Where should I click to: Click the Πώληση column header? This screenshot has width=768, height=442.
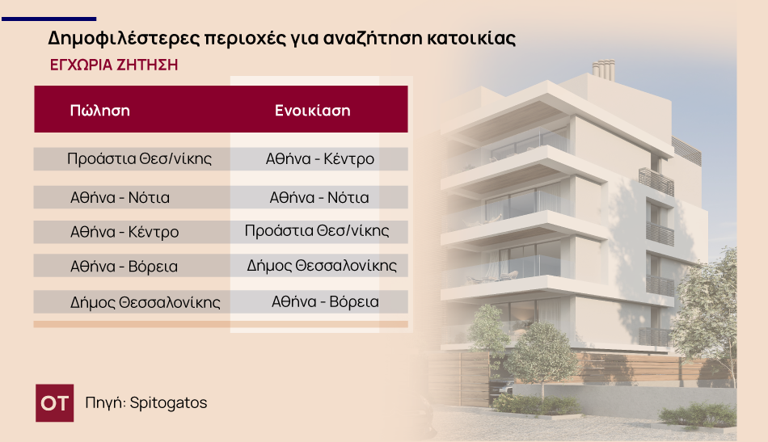tap(100, 111)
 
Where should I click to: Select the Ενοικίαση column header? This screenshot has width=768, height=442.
tap(312, 111)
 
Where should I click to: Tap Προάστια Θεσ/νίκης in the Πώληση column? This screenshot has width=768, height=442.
tap(139, 158)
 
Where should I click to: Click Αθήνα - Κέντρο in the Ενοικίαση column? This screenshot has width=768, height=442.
tap(320, 158)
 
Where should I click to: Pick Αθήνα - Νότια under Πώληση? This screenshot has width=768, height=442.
tap(120, 197)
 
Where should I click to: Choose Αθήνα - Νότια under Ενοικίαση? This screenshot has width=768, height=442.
tap(319, 197)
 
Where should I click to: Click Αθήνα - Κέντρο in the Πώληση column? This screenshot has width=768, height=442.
tap(124, 232)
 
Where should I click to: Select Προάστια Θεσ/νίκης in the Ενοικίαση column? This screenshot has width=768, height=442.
tap(317, 231)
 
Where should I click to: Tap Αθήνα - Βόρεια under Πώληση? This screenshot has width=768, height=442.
tap(124, 266)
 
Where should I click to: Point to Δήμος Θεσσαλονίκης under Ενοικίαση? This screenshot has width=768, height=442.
tap(322, 265)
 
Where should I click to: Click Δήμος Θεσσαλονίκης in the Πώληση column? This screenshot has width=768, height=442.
tap(146, 303)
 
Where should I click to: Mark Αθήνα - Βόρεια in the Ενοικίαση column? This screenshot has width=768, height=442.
tap(325, 302)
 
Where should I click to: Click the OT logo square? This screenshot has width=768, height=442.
tap(54, 402)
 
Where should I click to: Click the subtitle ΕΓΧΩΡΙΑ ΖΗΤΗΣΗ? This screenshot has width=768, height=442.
tap(113, 65)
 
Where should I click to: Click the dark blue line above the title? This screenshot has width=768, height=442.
tap(49, 18)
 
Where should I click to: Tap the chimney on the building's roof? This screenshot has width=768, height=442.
tap(603, 69)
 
